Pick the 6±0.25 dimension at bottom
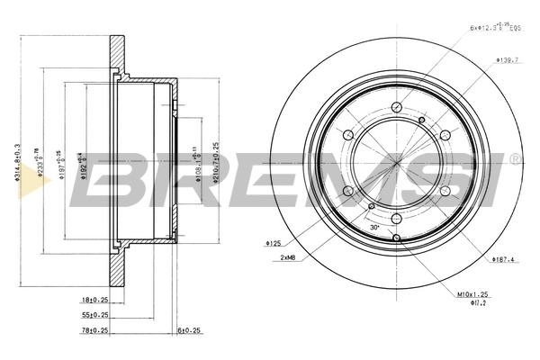pos(190,330)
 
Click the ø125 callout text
pos(274,243)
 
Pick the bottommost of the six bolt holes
pos(395,218)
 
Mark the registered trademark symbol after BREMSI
pos(515,159)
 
